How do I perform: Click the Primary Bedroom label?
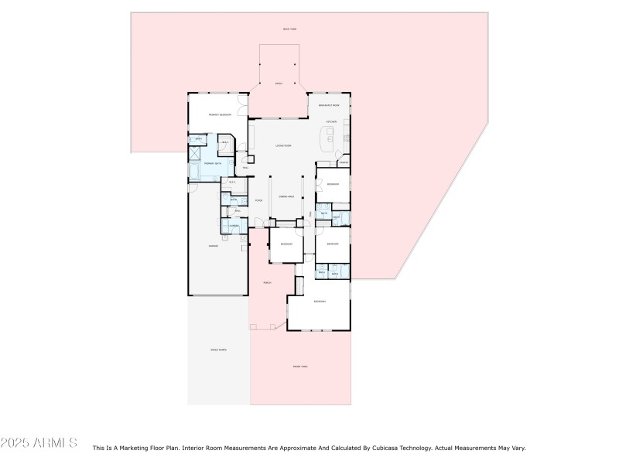pos(220,114)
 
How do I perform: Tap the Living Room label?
pos(282,146)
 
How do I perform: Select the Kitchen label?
pos(331,121)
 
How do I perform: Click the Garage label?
pos(213,246)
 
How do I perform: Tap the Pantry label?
pos(343,162)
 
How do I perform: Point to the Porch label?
pos(267,282)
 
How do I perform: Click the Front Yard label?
pos(300,367)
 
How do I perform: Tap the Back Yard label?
pos(290,29)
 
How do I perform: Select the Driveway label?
pos(218,350)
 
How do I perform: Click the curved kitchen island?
pos(327,141)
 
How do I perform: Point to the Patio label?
pos(279,83)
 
